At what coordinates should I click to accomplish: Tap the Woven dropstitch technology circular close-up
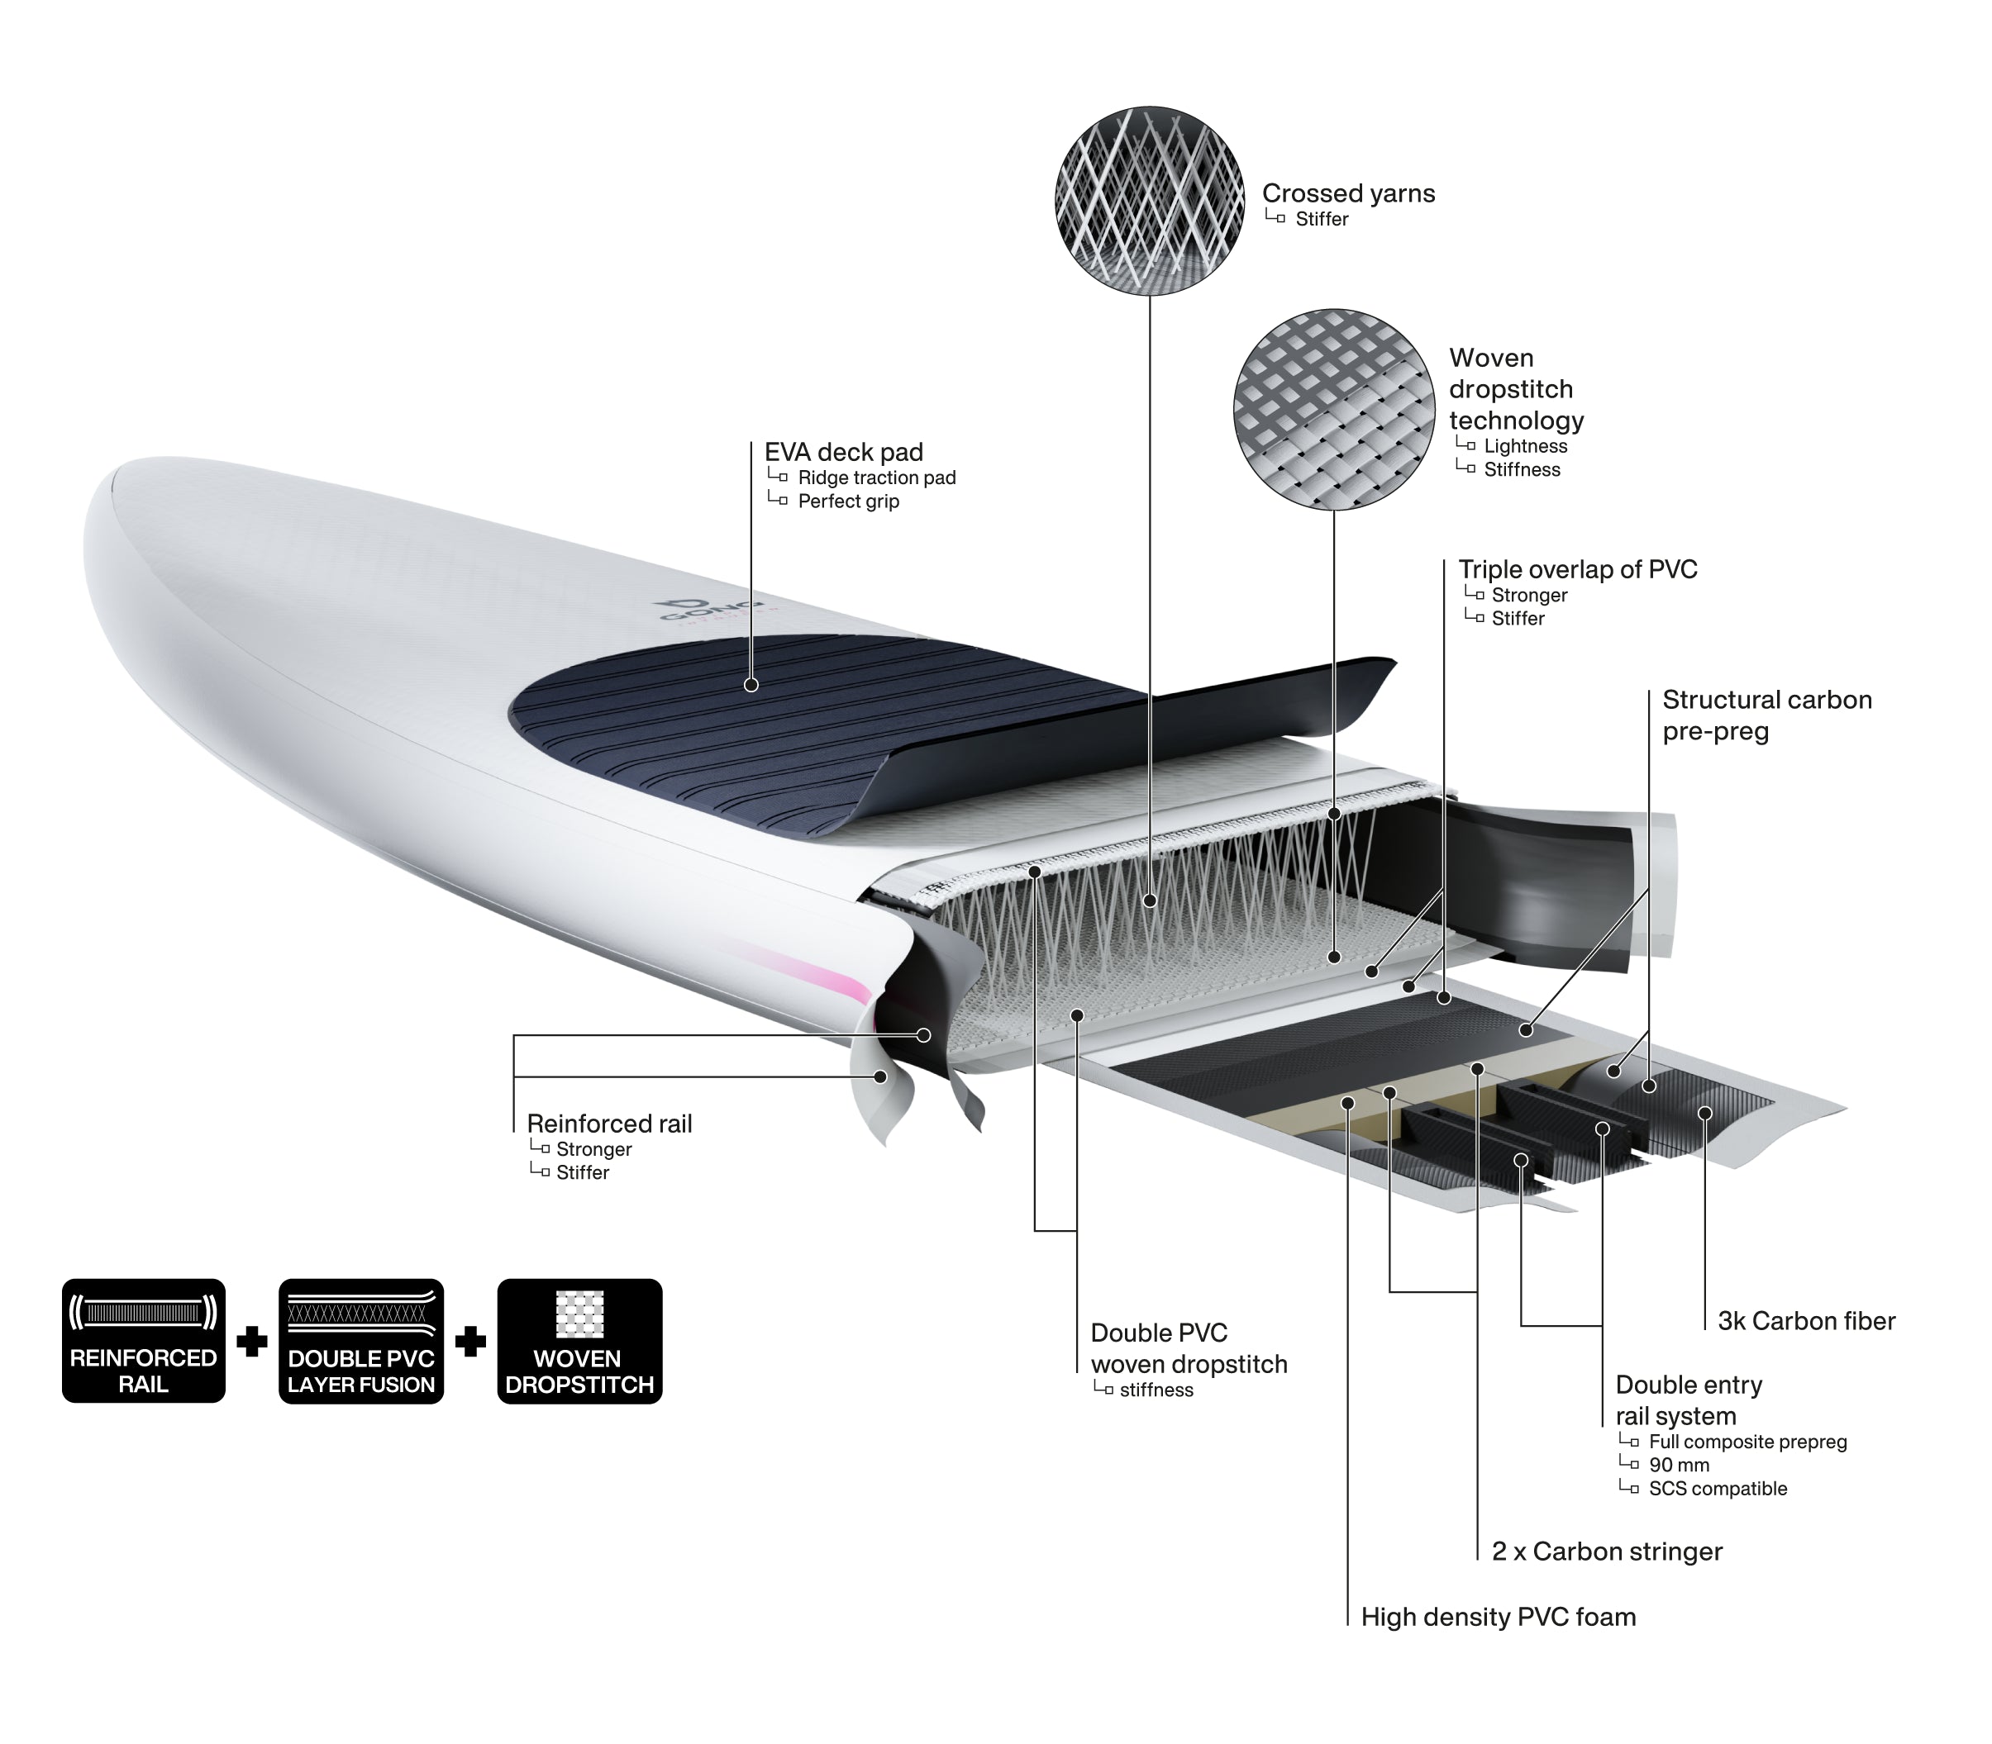coord(1334,410)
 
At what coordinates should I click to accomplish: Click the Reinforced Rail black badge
coord(144,1340)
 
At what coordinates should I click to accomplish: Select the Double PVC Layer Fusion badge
coord(361,1340)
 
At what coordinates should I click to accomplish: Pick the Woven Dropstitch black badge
coord(579,1340)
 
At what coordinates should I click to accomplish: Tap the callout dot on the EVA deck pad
coord(751,684)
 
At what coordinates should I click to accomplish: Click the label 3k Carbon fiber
coord(1806,1321)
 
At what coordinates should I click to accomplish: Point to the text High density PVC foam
coord(1499,1617)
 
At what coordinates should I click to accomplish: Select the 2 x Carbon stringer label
coord(1607,1551)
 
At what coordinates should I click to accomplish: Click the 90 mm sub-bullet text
coord(1679,1465)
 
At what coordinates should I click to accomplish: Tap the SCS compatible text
coord(1718,1488)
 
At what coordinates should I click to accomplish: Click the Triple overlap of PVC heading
coord(1577,569)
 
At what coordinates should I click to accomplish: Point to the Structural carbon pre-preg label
coord(1766,715)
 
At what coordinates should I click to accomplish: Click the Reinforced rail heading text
coord(609,1123)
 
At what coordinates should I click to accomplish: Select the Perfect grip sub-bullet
coord(848,501)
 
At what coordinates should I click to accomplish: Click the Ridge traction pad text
coord(876,478)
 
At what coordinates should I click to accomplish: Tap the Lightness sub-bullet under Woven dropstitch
coord(1525,446)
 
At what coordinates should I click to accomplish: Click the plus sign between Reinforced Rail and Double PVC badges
coord(252,1342)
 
